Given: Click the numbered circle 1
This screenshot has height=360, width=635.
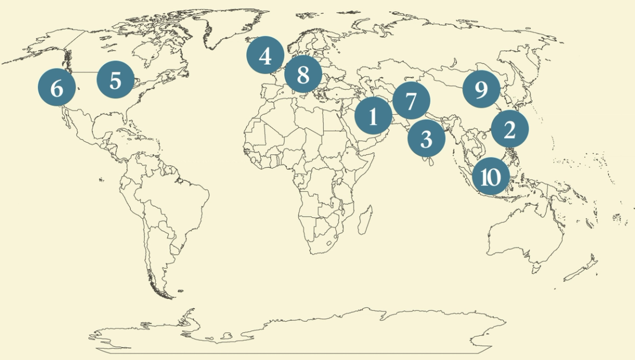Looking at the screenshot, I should [373, 116].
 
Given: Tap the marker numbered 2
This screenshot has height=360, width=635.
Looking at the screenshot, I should [509, 130].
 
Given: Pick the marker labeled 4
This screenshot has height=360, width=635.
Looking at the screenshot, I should [265, 56].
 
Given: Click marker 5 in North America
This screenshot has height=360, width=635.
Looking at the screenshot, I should [115, 80].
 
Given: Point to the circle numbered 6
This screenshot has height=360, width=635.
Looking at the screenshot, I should [57, 88].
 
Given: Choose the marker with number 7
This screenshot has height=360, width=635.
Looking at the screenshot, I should [410, 101].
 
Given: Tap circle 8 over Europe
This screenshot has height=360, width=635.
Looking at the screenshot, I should [303, 74].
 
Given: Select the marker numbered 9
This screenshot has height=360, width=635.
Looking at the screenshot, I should [481, 89].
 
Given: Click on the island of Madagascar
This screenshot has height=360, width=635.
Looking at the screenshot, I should [364, 219].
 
